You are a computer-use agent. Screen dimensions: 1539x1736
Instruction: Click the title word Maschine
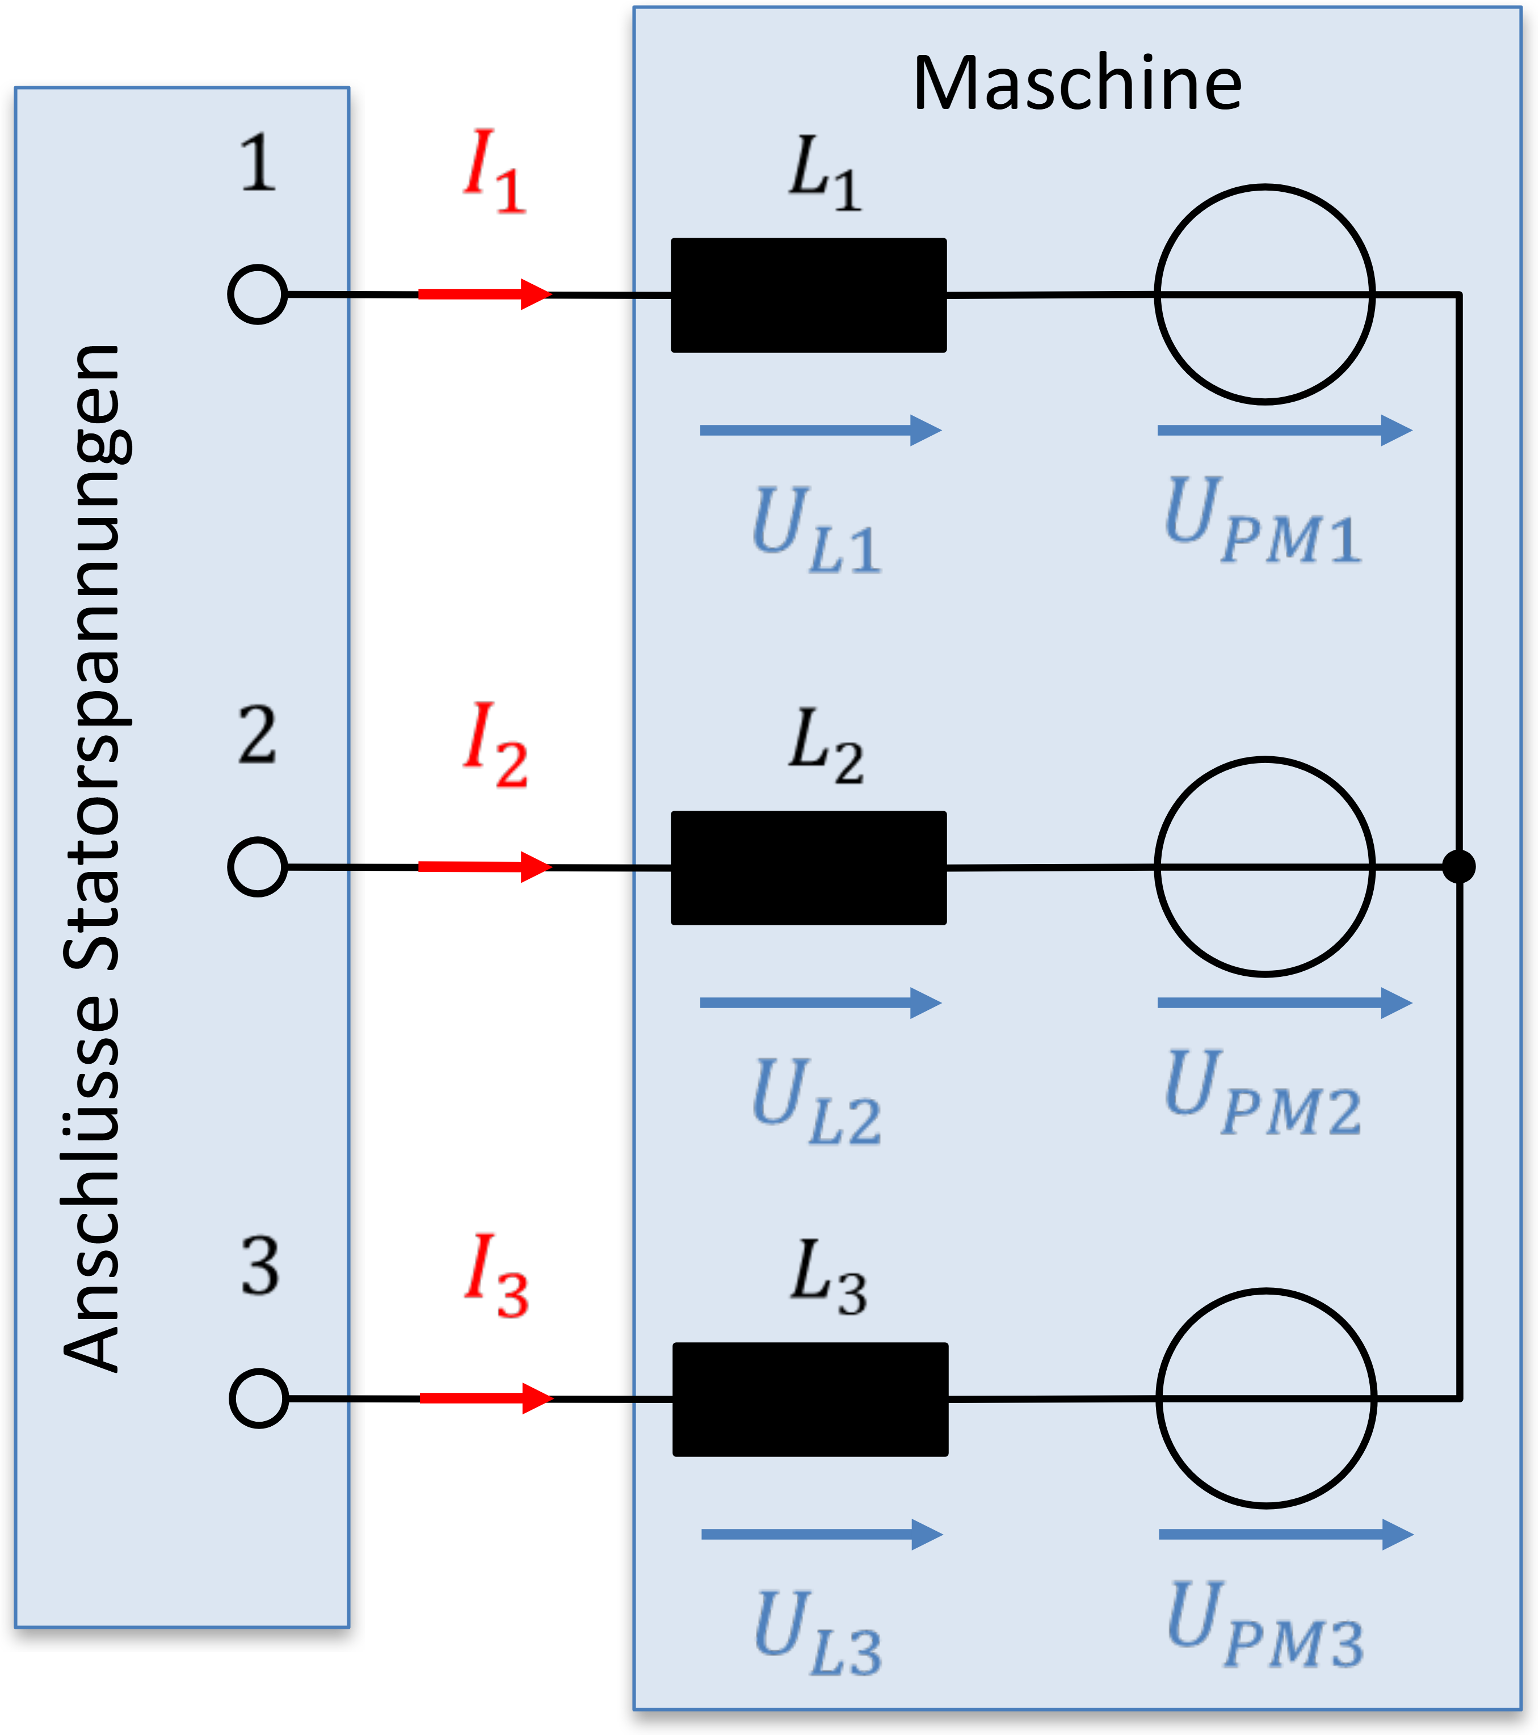(x=1077, y=83)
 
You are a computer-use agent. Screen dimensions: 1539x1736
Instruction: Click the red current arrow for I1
(x=485, y=294)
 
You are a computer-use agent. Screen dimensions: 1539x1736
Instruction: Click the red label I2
(x=495, y=745)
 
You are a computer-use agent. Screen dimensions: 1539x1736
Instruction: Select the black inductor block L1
(x=809, y=294)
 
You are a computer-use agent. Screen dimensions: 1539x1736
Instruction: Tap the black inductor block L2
(x=809, y=868)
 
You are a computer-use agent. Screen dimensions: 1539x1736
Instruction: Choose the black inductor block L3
(x=810, y=1400)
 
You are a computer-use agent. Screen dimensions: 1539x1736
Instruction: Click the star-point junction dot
(x=1459, y=867)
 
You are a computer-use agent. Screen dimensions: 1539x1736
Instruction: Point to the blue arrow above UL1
(x=821, y=431)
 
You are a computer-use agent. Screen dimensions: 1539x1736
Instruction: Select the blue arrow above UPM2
(x=1285, y=1003)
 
